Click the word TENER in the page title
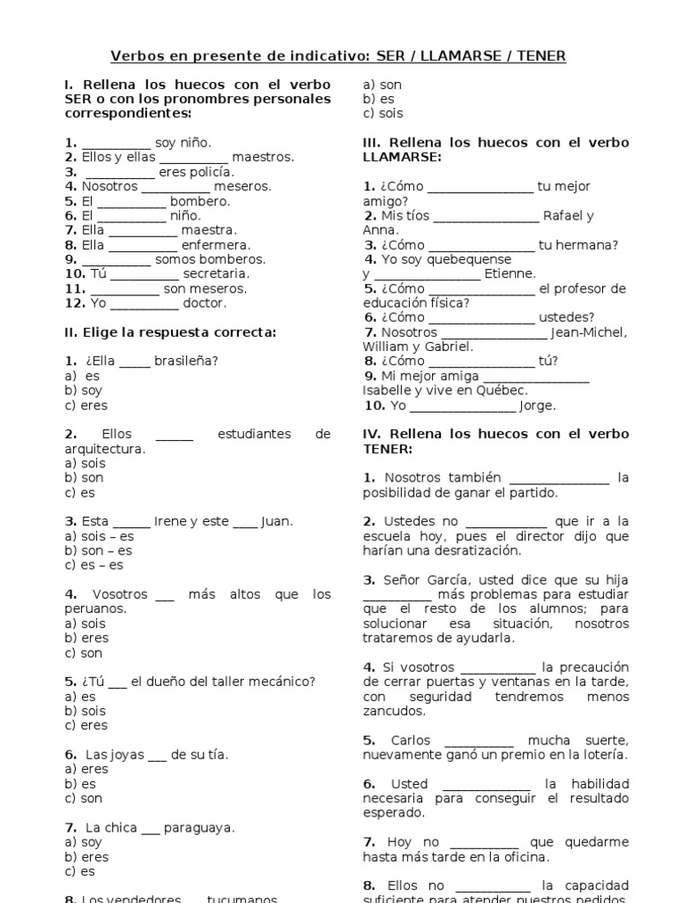540,56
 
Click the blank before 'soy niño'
116,143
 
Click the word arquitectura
104,449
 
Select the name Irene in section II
170,521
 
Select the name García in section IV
441,580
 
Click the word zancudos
394,712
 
